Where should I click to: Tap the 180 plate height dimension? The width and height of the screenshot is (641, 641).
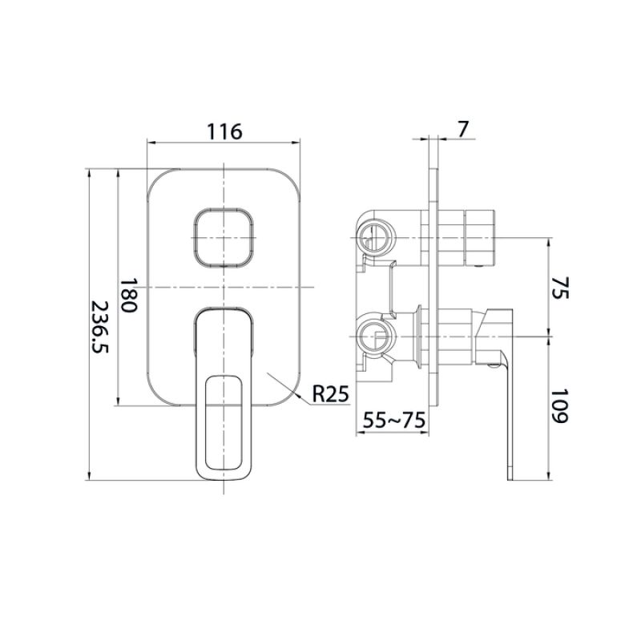pos(130,296)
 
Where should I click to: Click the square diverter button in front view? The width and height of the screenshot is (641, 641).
pos(224,239)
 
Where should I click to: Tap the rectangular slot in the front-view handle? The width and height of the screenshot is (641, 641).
pos(224,421)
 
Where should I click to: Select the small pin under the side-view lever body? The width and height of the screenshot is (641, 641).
pos(491,367)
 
